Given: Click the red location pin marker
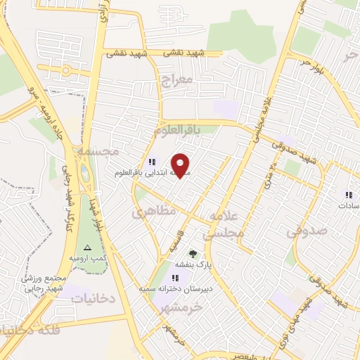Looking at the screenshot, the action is (181, 165).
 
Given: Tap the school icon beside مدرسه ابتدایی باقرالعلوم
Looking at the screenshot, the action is (152, 162).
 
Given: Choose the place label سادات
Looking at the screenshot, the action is (347, 206).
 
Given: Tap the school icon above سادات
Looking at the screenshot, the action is (348, 195).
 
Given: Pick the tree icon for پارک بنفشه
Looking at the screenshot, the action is (193, 254).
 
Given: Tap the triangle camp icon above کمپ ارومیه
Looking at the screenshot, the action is (88, 247).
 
